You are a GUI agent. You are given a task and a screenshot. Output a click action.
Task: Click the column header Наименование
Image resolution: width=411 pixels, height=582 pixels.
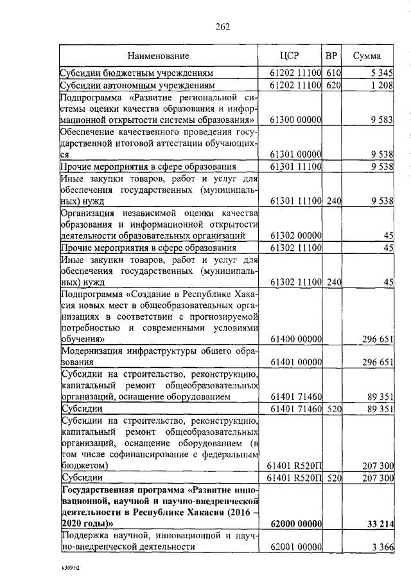coord(158,56)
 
